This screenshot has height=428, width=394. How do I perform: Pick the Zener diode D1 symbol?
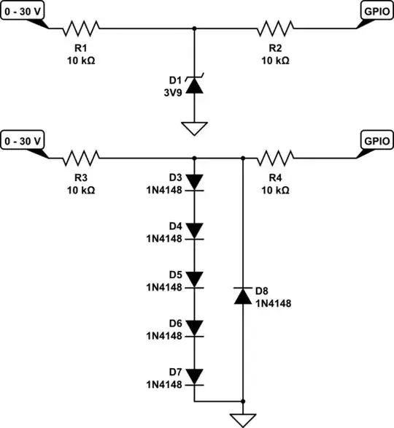(194, 85)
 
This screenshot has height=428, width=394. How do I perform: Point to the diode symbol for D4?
(194, 230)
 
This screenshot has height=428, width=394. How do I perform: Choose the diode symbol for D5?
(194, 279)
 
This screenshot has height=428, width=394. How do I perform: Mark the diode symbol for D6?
(194, 327)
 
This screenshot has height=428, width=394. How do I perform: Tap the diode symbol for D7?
(194, 376)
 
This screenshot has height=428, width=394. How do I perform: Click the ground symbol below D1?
(194, 129)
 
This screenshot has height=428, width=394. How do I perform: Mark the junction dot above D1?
(194, 28)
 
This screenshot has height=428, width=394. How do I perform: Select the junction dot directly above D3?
(194, 157)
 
